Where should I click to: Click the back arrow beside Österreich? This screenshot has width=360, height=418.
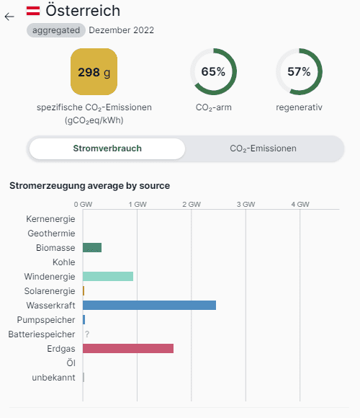pos(9,17)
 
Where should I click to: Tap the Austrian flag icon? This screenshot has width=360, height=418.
pos(33,11)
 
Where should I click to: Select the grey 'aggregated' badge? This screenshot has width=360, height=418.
pos(56,30)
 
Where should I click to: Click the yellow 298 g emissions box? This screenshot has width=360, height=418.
pos(94,72)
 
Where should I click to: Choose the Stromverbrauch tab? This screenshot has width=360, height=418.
pos(107,148)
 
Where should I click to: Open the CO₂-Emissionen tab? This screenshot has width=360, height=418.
pos(263,148)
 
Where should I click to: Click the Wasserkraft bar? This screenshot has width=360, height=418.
pos(149,306)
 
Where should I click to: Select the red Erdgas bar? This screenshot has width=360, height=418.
pos(128,348)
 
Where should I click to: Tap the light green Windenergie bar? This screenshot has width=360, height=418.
pos(108,277)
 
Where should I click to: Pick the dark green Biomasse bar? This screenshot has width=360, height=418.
pos(92,248)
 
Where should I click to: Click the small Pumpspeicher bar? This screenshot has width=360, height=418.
pos(84,320)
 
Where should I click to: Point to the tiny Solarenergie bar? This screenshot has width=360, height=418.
pos(84,291)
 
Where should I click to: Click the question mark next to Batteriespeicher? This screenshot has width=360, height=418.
pos(87,334)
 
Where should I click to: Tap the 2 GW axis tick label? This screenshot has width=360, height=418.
pos(192,205)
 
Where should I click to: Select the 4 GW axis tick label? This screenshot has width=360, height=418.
pos(300,205)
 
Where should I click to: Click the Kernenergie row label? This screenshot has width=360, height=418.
pos(50,219)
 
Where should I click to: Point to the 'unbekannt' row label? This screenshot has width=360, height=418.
pos(53,378)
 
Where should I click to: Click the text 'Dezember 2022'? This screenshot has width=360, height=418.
pos(122,30)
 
